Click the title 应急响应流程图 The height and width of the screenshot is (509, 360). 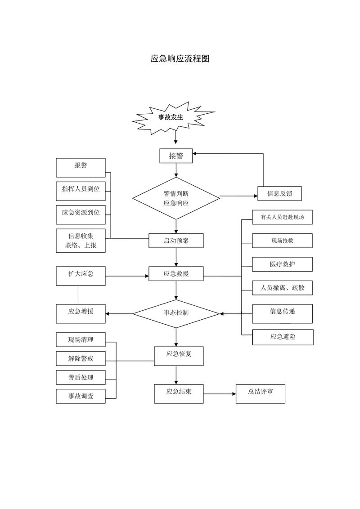pyautogui.click(x=180, y=59)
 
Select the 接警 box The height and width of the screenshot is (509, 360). pyautogui.click(x=176, y=156)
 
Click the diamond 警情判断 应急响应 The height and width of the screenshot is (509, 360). pyautogui.click(x=176, y=198)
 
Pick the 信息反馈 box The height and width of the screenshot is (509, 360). pyautogui.click(x=280, y=194)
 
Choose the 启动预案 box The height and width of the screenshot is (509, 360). pyautogui.click(x=176, y=241)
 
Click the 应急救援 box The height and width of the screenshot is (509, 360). pyautogui.click(x=176, y=274)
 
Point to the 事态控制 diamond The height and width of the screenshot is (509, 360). pyautogui.click(x=176, y=313)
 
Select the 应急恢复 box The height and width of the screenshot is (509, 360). pyautogui.click(x=179, y=356)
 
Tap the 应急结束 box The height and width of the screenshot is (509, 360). pyautogui.click(x=179, y=394)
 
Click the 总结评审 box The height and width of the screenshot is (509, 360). pyautogui.click(x=261, y=394)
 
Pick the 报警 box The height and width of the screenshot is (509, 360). pyautogui.click(x=81, y=168)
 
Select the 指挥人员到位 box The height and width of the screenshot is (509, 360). pyautogui.click(x=81, y=191)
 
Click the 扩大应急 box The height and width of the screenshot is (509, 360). pyautogui.click(x=81, y=276)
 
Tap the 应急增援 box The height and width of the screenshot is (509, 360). pyautogui.click(x=81, y=313)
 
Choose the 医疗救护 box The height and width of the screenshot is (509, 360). pyautogui.click(x=282, y=264)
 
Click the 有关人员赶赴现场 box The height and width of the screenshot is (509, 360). pyautogui.click(x=282, y=217)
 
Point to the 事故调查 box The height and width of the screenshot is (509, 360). pyautogui.click(x=81, y=396)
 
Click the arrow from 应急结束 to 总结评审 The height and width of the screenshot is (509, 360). pyautogui.click(x=220, y=394)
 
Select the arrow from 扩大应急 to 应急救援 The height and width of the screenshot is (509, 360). pyautogui.click(x=127, y=276)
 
